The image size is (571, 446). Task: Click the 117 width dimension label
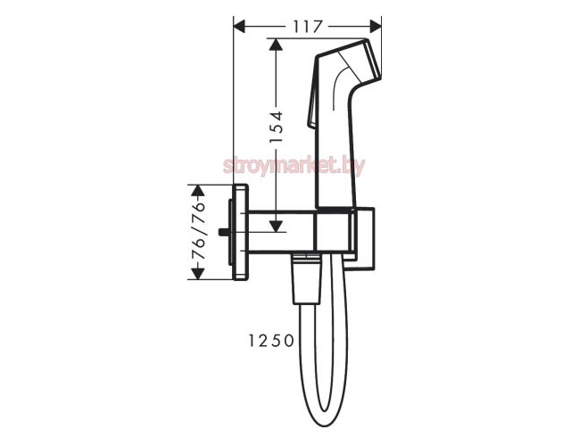coord(308,26)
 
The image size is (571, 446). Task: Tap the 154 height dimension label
coord(277,127)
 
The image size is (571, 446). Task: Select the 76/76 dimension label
coord(198,230)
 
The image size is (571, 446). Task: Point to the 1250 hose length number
coord(271,341)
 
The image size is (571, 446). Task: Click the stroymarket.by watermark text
coord(294,166)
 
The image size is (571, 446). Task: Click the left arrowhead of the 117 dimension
coord(239,26)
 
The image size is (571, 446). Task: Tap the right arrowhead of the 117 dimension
coord(376,26)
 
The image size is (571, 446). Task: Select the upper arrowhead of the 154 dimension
coord(277,45)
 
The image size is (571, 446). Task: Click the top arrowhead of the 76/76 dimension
coord(197,191)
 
